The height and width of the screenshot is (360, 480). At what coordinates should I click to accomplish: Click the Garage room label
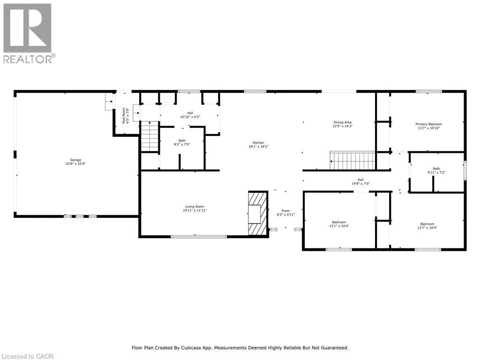pos(75,160)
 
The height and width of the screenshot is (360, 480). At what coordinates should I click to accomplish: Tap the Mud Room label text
pos(124,115)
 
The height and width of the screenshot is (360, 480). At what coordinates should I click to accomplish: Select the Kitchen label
pos(258,142)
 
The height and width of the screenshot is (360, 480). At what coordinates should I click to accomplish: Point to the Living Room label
pos(195,207)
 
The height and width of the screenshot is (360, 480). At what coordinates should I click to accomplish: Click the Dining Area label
pos(343,122)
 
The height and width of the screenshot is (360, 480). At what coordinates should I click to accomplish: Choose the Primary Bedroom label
pos(428,124)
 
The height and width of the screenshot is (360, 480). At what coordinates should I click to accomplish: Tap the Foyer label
pos(285,210)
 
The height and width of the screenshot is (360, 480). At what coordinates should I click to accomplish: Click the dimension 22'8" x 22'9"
pos(75,164)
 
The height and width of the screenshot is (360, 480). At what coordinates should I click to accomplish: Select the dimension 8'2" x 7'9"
pos(182,144)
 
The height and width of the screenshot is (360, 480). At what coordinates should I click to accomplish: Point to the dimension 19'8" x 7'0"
pos(360,184)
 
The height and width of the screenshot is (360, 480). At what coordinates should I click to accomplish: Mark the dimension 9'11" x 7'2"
pos(436,172)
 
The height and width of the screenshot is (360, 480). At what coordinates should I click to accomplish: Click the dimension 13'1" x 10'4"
pos(339,226)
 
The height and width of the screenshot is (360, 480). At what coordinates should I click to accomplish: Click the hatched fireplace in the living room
pos(258,213)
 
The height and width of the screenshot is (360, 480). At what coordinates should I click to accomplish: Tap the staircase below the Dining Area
pos(352,160)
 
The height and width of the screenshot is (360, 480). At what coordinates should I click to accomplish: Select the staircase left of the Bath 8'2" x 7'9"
pos(150,136)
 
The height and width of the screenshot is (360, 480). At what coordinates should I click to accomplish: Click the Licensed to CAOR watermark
pos(28,356)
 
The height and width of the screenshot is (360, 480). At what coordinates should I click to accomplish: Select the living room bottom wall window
pos(199,236)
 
